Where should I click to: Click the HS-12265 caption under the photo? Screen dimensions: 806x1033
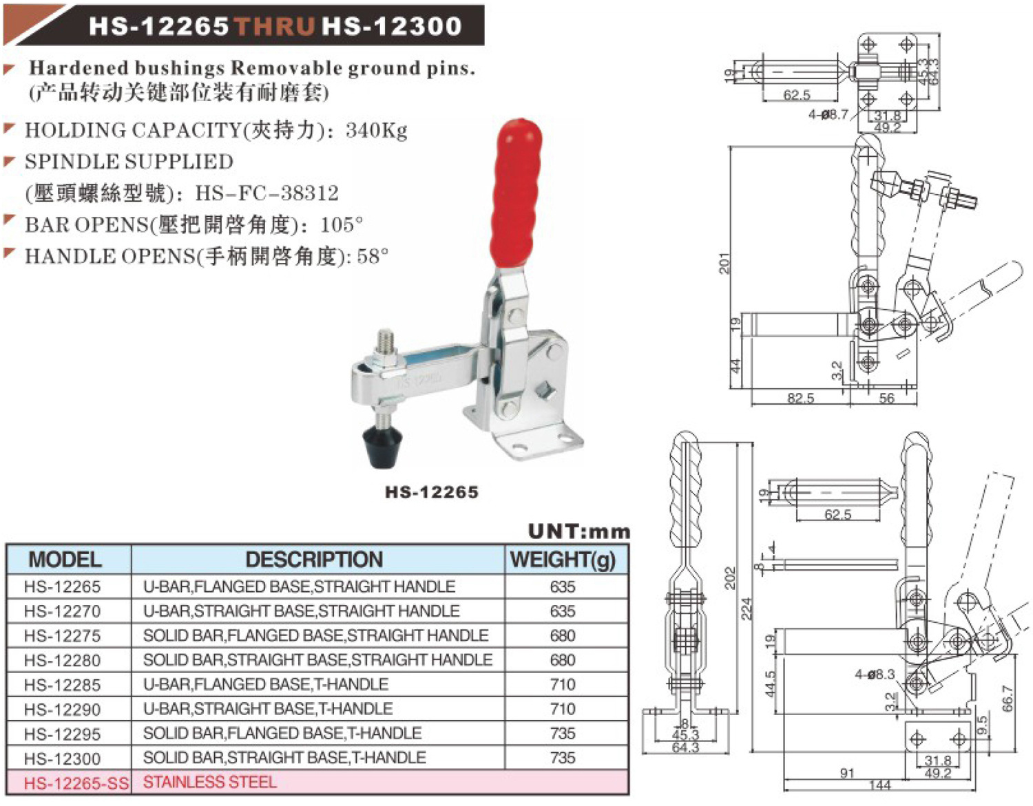(x=432, y=492)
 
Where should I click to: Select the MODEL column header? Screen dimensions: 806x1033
(x=65, y=560)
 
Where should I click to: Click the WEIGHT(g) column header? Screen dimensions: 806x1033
(x=563, y=560)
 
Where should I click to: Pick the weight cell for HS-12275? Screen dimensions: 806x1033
(x=563, y=635)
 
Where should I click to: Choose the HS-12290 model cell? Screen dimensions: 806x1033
(x=63, y=710)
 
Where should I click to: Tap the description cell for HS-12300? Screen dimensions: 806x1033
(x=284, y=758)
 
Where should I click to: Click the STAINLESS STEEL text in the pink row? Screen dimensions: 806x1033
(x=209, y=783)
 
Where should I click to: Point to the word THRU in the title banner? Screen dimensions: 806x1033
(x=275, y=26)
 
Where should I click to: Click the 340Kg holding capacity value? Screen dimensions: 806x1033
(x=377, y=130)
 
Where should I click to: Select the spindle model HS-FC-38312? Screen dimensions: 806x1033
(x=267, y=193)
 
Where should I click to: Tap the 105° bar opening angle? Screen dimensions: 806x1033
(x=342, y=225)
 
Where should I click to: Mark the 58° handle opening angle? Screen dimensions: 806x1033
(x=373, y=257)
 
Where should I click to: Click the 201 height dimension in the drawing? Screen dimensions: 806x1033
(x=724, y=263)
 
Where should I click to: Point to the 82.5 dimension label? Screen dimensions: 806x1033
(x=800, y=398)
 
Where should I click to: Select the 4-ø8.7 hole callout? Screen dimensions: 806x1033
(x=828, y=114)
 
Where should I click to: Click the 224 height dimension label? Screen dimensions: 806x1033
(x=747, y=608)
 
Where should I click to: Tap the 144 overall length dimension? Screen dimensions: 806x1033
(x=879, y=785)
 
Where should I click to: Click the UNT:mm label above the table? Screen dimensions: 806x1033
(x=578, y=531)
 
